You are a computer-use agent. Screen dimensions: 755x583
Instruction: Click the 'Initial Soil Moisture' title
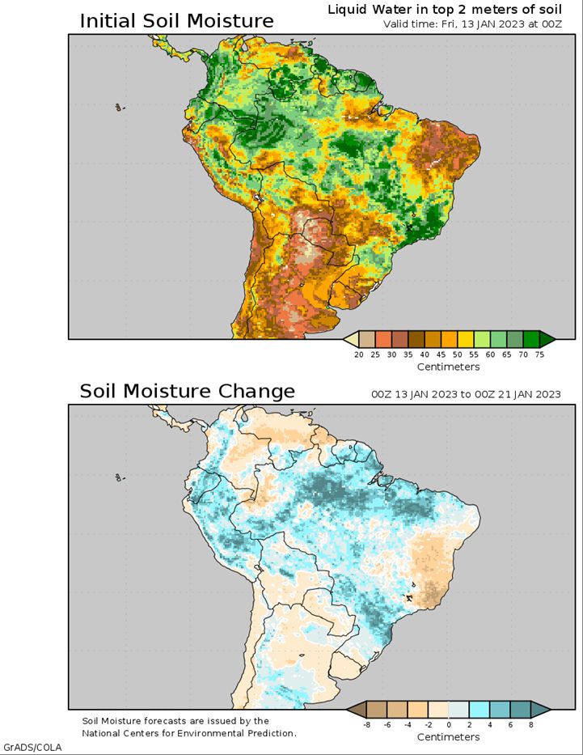[176, 21]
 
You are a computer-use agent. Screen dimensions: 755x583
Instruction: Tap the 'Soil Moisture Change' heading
[187, 392]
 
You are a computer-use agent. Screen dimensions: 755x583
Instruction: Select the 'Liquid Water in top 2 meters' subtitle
[444, 9]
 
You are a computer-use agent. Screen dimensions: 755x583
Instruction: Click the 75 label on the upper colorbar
[539, 354]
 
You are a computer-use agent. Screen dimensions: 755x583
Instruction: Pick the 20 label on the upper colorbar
[358, 354]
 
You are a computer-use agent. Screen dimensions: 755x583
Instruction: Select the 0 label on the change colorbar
[449, 725]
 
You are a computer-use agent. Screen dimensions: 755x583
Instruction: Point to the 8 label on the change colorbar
[531, 725]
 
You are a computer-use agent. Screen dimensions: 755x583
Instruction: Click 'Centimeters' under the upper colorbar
[449, 367]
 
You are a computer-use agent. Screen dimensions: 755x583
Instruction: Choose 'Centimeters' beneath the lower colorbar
[449, 737]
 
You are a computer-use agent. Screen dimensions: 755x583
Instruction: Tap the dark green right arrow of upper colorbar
[547, 338]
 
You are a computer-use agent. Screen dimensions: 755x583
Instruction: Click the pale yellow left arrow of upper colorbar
[350, 338]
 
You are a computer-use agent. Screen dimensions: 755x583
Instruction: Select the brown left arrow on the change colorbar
[354, 710]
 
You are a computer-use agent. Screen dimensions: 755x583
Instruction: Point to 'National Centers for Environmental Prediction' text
[189, 733]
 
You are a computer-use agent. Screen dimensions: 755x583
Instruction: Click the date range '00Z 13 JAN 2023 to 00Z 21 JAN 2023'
[466, 394]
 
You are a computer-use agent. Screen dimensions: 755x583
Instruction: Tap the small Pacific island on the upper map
[120, 107]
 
